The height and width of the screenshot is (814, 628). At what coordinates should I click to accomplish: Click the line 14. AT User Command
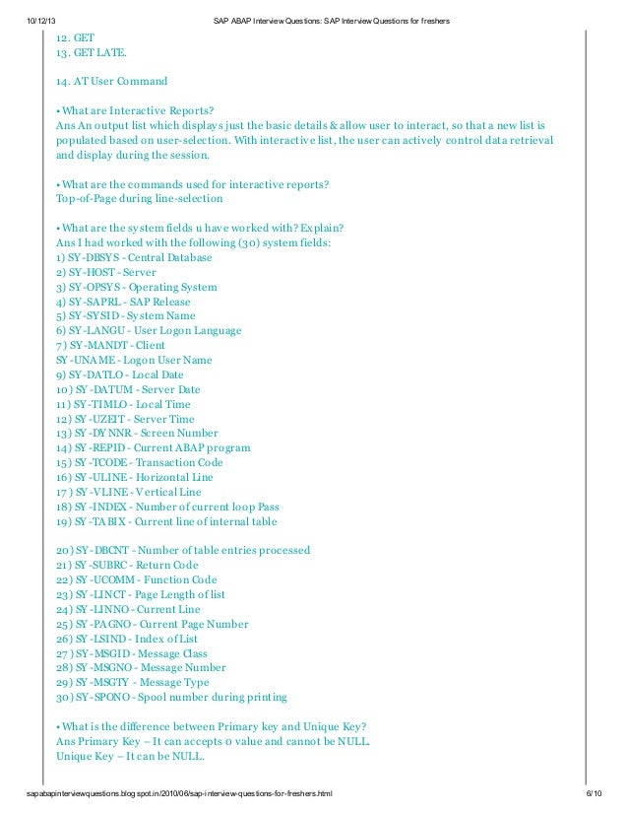click(111, 81)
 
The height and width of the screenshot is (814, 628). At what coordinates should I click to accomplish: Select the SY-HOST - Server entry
click(105, 272)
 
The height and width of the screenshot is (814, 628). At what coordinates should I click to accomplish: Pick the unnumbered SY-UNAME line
click(134, 360)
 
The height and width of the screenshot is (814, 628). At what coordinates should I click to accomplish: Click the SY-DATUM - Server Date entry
click(128, 389)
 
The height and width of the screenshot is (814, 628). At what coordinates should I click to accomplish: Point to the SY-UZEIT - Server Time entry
click(125, 419)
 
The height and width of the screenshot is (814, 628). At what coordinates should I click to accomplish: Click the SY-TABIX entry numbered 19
click(166, 521)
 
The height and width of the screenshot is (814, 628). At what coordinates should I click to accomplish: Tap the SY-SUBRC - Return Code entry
click(127, 566)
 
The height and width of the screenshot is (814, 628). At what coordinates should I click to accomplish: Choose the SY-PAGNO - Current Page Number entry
click(152, 624)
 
